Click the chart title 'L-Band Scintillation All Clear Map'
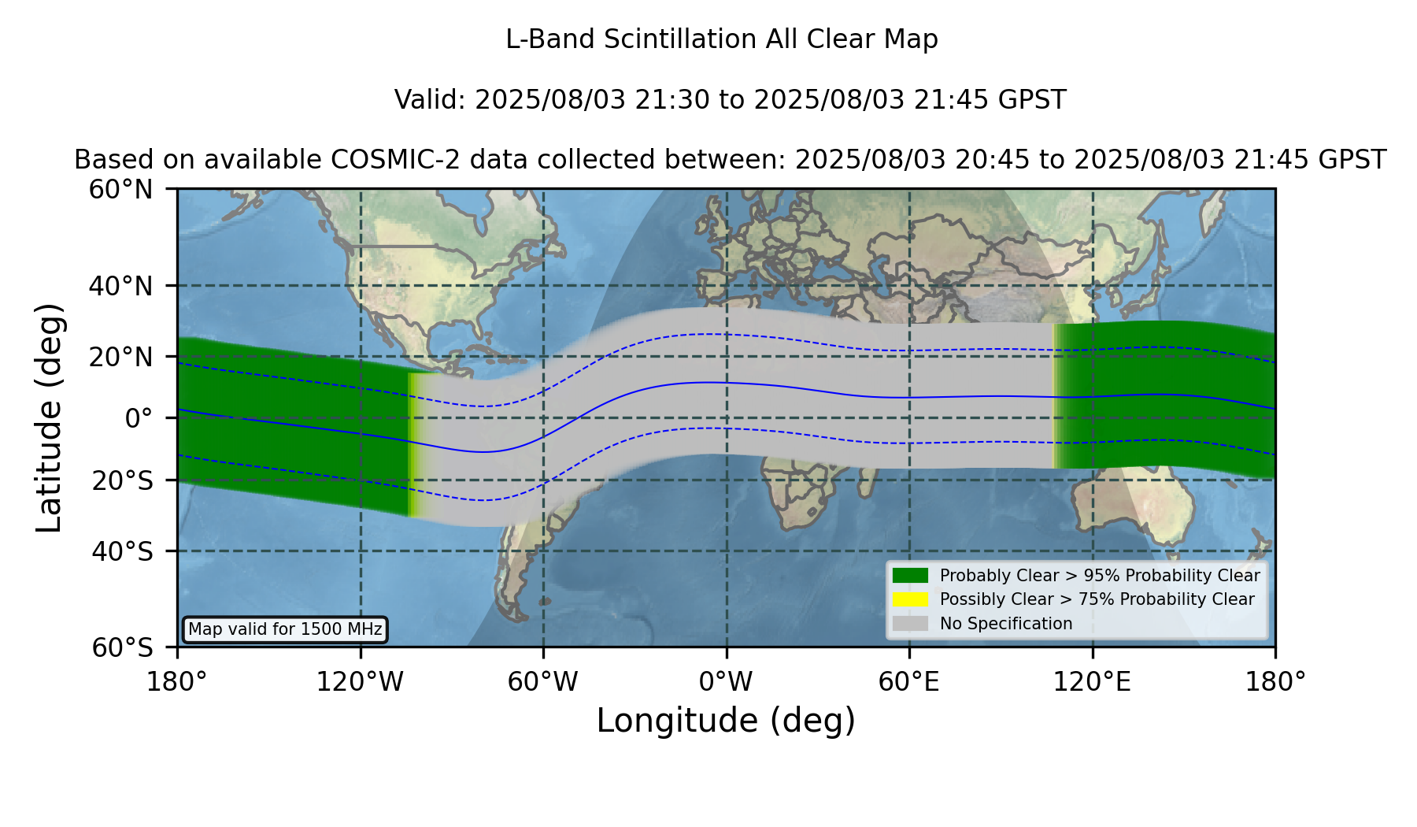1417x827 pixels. pyautogui.click(x=722, y=39)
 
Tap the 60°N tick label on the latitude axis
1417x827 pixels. pyautogui.click(x=121, y=189)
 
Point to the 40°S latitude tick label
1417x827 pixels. pyautogui.click(x=122, y=551)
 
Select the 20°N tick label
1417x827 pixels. pyautogui.click(x=121, y=357)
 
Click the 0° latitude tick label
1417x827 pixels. pyautogui.click(x=139, y=418)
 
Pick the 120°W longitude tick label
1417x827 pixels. pyautogui.click(x=360, y=682)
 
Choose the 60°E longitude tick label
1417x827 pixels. pyautogui.click(x=909, y=682)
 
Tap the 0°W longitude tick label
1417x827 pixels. pyautogui.click(x=727, y=682)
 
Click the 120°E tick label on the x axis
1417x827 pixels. pyautogui.click(x=1093, y=682)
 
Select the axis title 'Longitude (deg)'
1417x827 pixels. pyautogui.click(x=726, y=721)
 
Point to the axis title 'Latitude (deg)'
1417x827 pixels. pyautogui.click(x=50, y=417)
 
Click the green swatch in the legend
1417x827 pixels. pyautogui.click(x=911, y=576)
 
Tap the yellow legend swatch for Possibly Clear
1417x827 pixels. pyautogui.click(x=911, y=599)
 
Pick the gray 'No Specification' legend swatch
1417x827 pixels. pyautogui.click(x=911, y=624)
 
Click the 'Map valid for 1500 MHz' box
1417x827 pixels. pyautogui.click(x=285, y=629)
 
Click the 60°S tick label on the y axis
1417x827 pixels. pyautogui.click(x=122, y=647)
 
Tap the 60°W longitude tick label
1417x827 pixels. pyautogui.click(x=543, y=682)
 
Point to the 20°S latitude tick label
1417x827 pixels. pyautogui.click(x=122, y=480)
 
